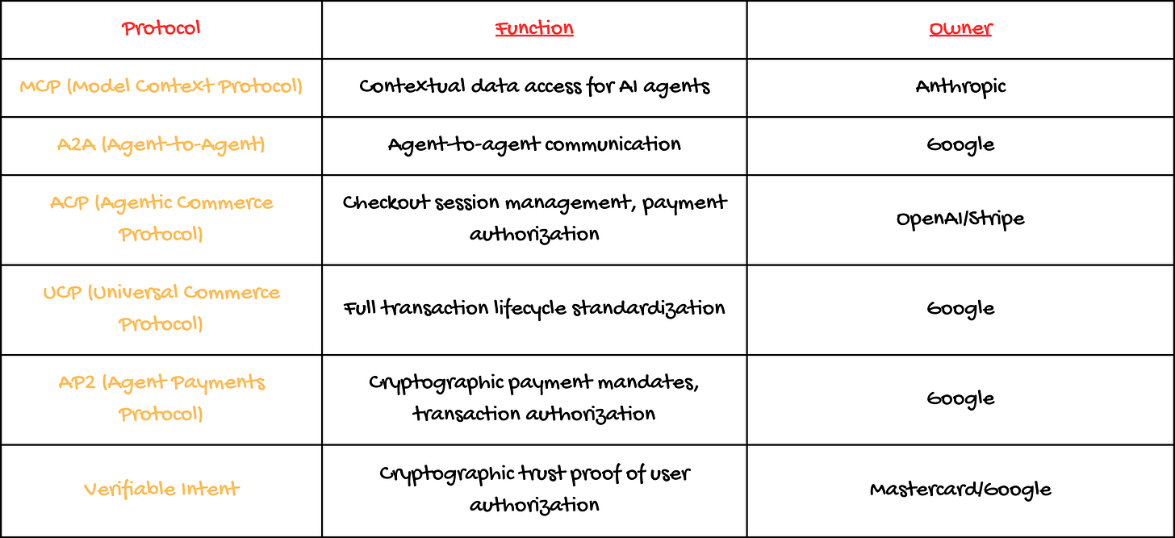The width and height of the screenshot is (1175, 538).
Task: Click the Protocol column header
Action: (x=161, y=29)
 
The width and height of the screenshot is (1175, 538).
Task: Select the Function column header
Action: (x=534, y=29)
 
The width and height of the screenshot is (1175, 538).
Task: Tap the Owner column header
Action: (x=960, y=30)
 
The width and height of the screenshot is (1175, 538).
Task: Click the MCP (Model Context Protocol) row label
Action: (x=161, y=86)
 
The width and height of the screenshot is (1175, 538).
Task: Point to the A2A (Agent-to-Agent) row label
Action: (x=161, y=145)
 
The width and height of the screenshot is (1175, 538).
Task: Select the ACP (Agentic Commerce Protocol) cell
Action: (x=161, y=219)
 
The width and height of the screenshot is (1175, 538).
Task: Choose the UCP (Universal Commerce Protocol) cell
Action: (x=161, y=308)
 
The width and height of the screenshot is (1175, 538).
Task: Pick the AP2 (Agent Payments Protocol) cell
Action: (x=161, y=398)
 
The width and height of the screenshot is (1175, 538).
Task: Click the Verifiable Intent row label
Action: (x=161, y=489)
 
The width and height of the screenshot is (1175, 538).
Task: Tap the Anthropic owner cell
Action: (x=960, y=86)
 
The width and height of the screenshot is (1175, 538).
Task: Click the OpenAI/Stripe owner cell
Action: (x=960, y=219)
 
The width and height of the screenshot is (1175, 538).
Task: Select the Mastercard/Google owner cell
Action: (x=960, y=489)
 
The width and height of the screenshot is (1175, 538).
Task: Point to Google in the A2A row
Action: (x=960, y=145)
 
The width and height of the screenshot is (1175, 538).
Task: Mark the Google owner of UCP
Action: (x=960, y=308)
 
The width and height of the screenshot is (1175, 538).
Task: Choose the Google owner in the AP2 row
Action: (x=960, y=398)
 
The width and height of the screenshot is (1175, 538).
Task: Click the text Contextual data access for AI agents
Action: (x=534, y=86)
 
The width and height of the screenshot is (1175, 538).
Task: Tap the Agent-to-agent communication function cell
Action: (x=534, y=145)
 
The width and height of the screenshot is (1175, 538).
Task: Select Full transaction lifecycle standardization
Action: (x=534, y=308)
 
